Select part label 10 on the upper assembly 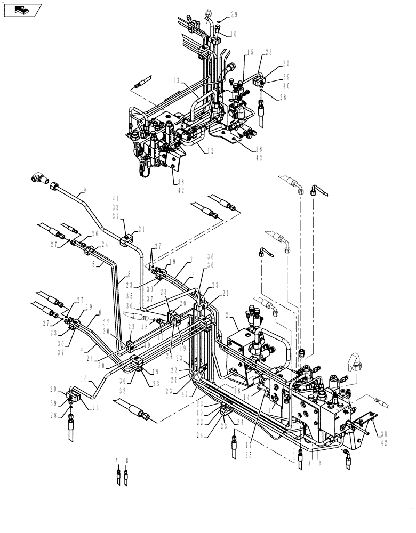coord(234,34)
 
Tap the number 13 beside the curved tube coord(175,80)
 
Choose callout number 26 coord(95,232)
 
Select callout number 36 coord(211,271)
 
